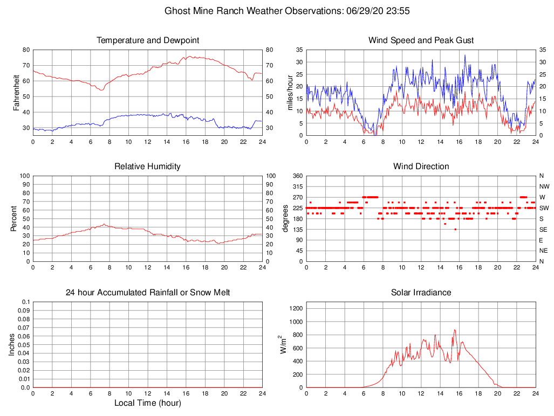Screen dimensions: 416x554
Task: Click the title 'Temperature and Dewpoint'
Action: [148, 40]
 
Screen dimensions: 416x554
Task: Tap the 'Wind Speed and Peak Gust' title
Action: [421, 40]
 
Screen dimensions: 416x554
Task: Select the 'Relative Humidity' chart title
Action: [148, 167]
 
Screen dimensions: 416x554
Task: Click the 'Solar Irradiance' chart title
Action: [421, 293]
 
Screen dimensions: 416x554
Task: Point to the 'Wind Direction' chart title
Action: [421, 167]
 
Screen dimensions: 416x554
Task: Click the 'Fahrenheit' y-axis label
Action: [17, 93]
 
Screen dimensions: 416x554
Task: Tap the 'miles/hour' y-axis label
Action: [290, 93]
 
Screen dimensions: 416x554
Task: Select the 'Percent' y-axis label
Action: [13, 219]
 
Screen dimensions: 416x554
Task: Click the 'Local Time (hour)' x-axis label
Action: [148, 403]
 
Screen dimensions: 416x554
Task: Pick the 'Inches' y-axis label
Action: [12, 345]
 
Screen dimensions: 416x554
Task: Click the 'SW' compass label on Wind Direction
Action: [544, 208]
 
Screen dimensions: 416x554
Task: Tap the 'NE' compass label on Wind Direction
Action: [544, 251]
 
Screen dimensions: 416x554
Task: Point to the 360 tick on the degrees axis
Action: [296, 176]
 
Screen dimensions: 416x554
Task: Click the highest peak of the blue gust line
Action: [465, 55]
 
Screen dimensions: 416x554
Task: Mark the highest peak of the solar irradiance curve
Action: [455, 330]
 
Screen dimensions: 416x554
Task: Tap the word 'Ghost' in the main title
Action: [177, 11]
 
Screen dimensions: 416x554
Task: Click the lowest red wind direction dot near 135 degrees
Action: [455, 230]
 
